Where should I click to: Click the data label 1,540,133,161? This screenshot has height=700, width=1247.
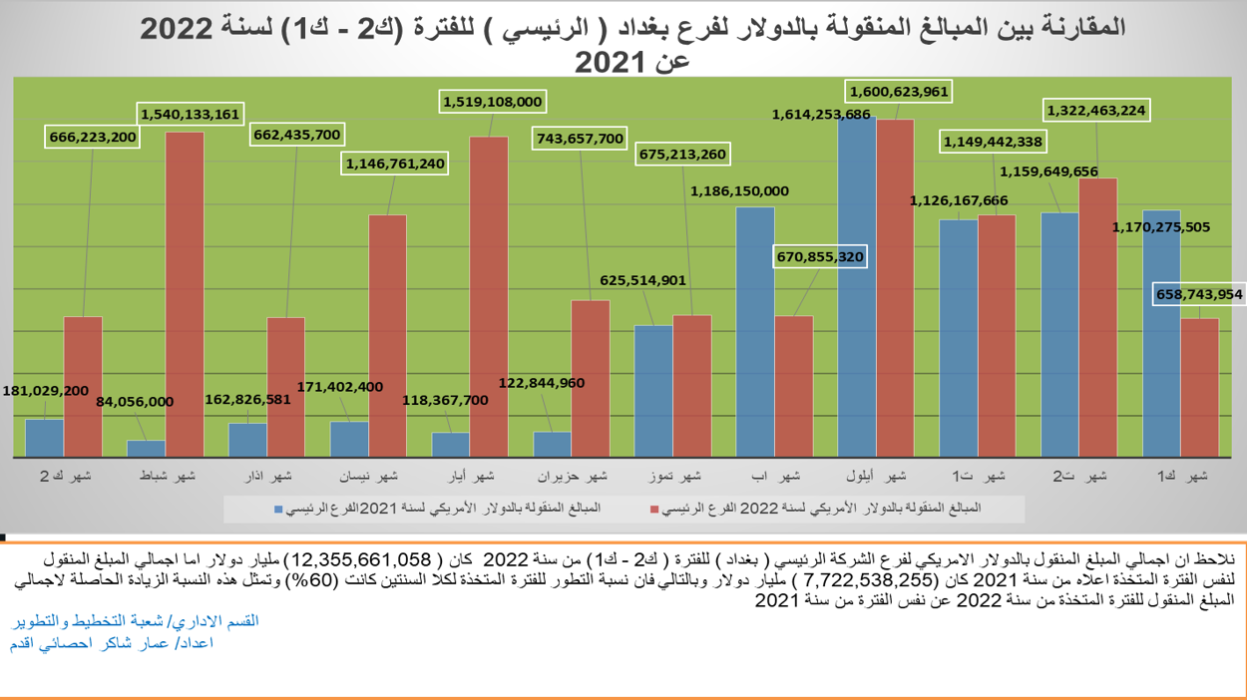[x=190, y=114]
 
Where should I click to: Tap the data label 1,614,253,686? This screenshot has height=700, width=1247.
[x=821, y=115]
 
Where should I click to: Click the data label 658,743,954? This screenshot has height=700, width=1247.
[x=1198, y=294]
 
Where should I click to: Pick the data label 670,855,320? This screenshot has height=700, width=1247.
[x=819, y=257]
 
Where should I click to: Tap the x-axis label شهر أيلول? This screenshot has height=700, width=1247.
[x=881, y=476]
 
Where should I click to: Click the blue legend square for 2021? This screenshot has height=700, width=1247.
[x=279, y=509]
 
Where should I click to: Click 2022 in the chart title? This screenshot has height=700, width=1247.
[x=178, y=27]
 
